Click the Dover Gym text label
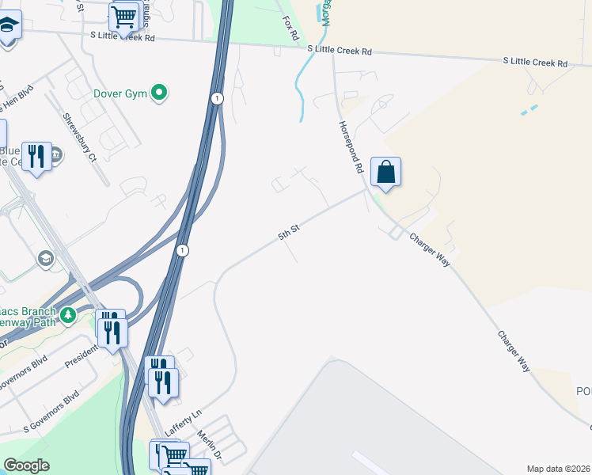click(x=120, y=93)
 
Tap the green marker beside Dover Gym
click(x=160, y=93)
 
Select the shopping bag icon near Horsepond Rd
click(x=385, y=172)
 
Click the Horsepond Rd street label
click(x=350, y=146)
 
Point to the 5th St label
click(x=288, y=232)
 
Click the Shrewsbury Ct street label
click(x=81, y=137)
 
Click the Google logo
click(x=26, y=466)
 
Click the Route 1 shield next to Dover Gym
click(x=216, y=98)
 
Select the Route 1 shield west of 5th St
click(x=183, y=250)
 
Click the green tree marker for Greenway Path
click(x=68, y=315)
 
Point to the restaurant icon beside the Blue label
click(x=36, y=156)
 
